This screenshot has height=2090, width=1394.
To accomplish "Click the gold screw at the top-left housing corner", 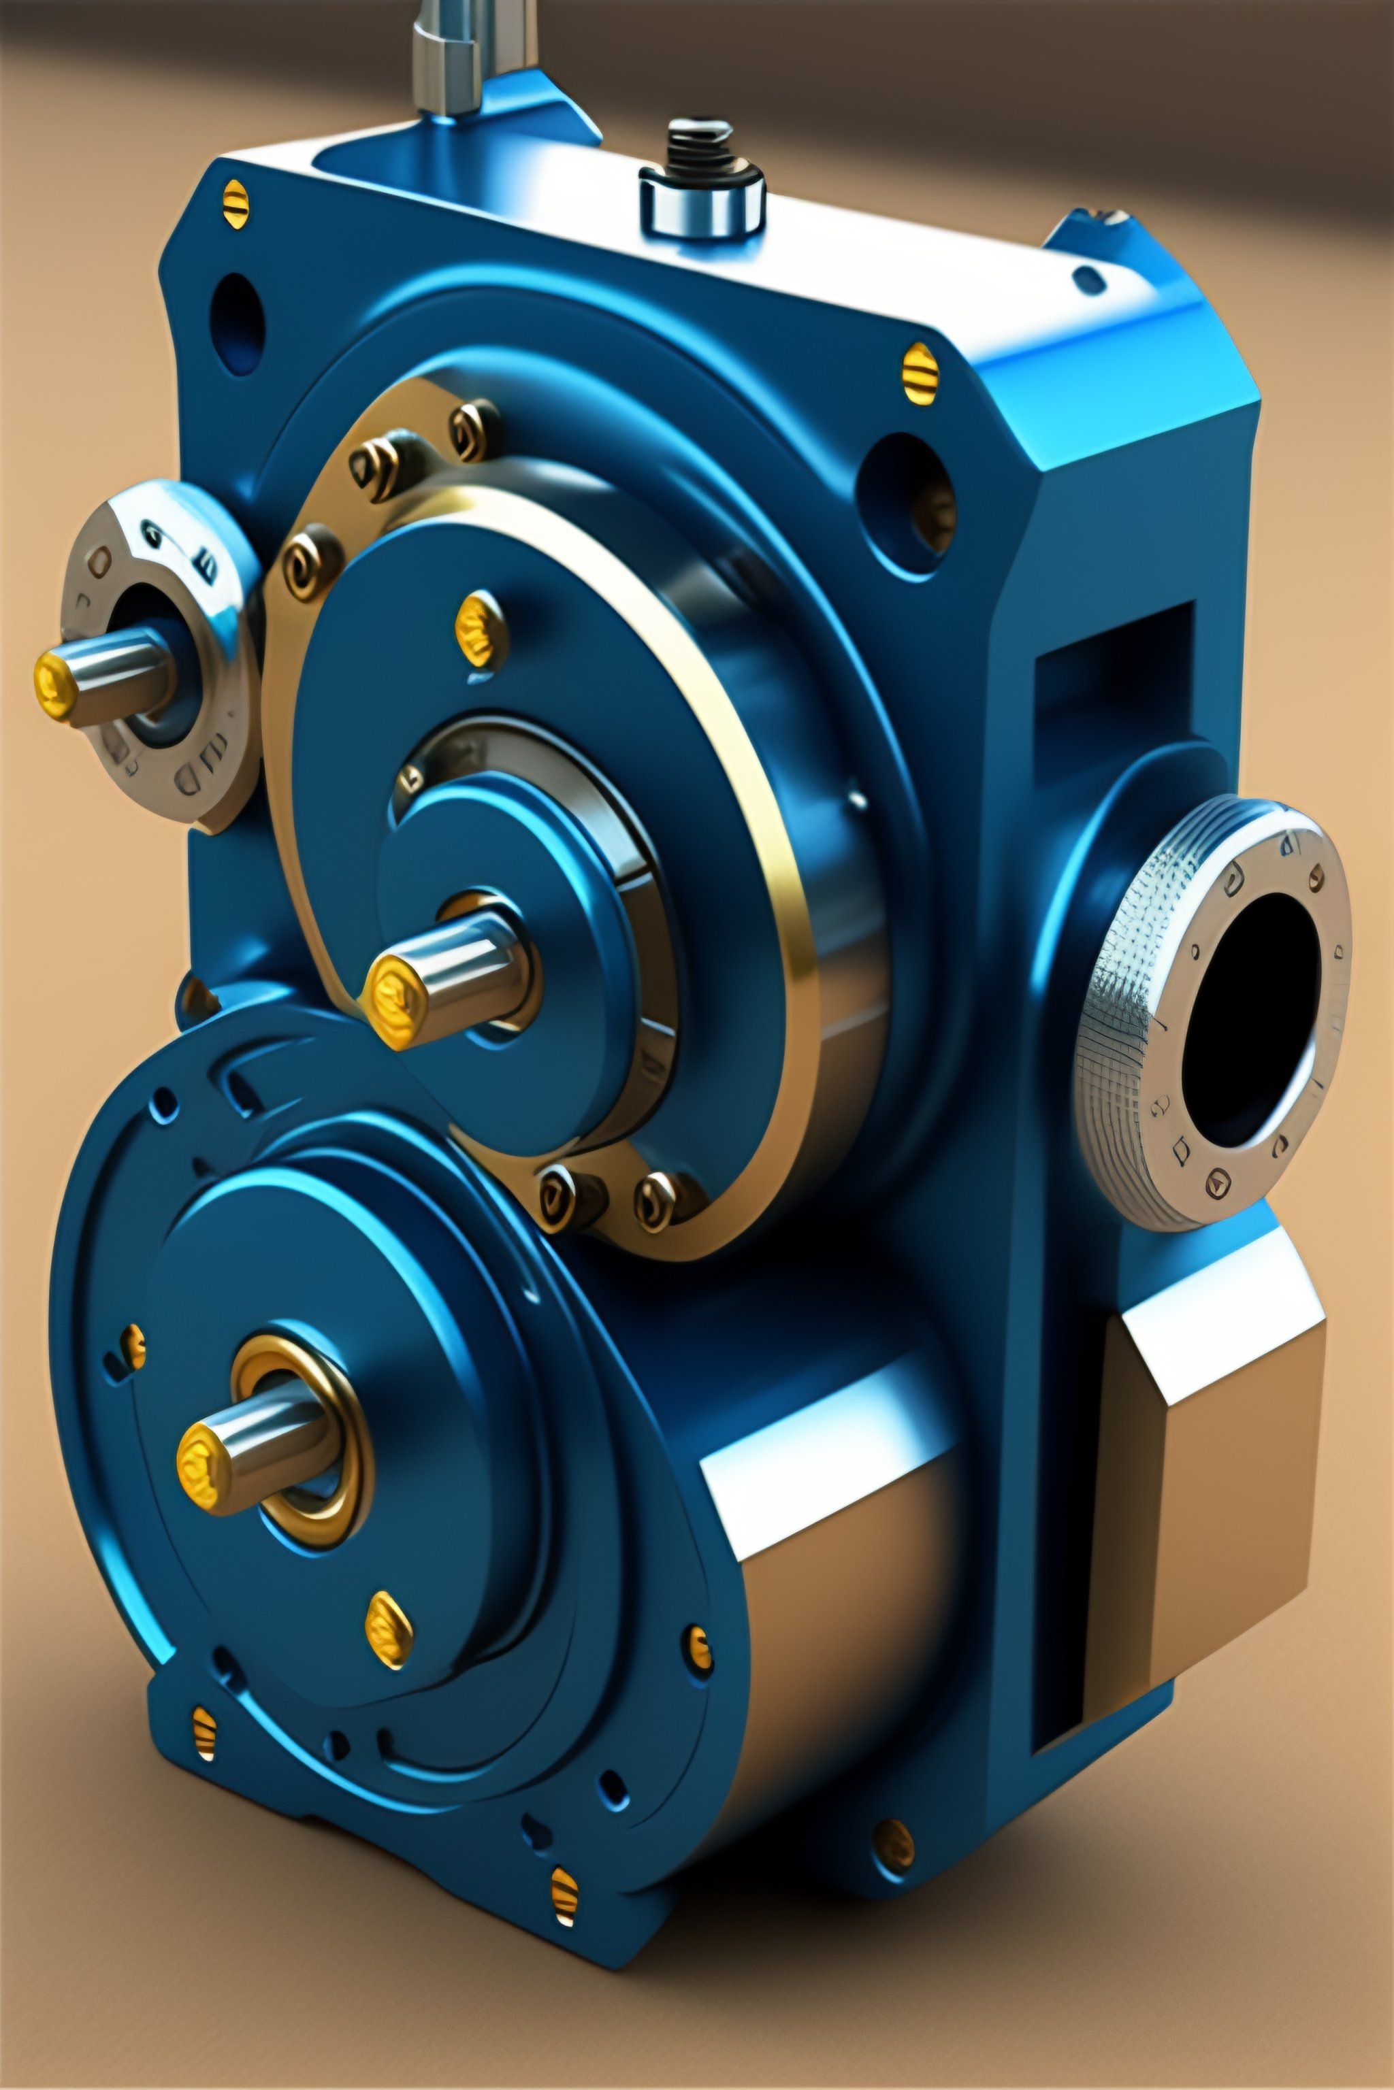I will coord(235,203).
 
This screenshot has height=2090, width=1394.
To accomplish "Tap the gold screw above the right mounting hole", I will coord(920,374).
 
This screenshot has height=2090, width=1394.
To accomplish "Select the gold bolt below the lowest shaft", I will coord(389,1628).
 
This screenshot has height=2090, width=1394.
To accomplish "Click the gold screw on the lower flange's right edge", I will coord(699,1648).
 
